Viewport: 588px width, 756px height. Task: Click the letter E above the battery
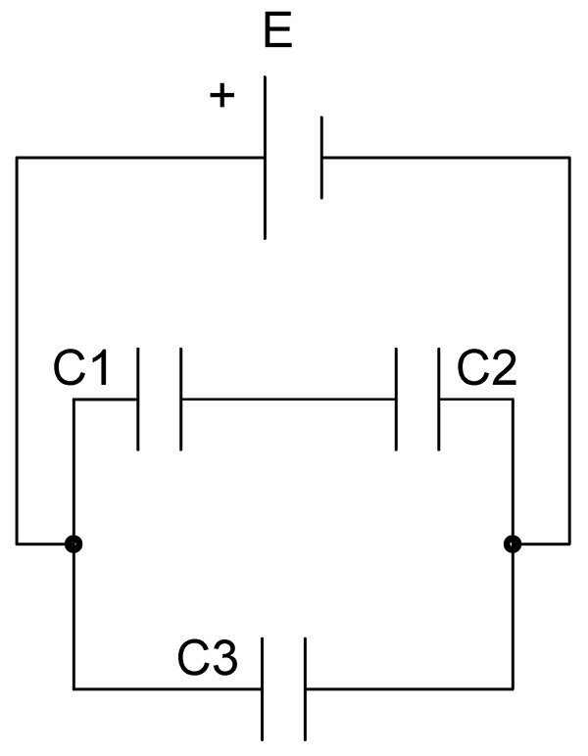tap(278, 31)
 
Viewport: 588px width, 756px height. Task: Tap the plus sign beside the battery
tap(221, 95)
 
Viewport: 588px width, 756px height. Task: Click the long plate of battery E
tap(265, 158)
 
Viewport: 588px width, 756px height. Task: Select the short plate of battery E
tap(321, 158)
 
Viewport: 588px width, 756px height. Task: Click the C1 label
tap(80, 368)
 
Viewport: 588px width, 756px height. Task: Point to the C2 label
tap(487, 368)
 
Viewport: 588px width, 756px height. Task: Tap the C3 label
tap(208, 658)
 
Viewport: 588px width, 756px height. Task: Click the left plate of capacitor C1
tap(138, 400)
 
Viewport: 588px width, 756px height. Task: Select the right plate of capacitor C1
tap(181, 400)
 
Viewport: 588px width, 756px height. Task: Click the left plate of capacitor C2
tap(396, 400)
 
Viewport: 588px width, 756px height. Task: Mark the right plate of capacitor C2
tap(439, 400)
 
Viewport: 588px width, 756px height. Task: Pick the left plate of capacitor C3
tap(262, 689)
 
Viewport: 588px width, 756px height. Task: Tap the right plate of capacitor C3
tap(306, 689)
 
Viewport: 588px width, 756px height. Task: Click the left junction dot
tap(73, 544)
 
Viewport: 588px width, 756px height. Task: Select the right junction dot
tap(513, 544)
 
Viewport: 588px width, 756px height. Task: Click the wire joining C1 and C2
tap(288, 400)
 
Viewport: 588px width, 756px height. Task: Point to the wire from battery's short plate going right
tap(446, 158)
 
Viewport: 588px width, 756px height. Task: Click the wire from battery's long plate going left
tap(140, 158)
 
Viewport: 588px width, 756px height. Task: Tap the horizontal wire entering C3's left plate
tap(168, 689)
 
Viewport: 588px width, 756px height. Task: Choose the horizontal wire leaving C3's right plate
tap(410, 689)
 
